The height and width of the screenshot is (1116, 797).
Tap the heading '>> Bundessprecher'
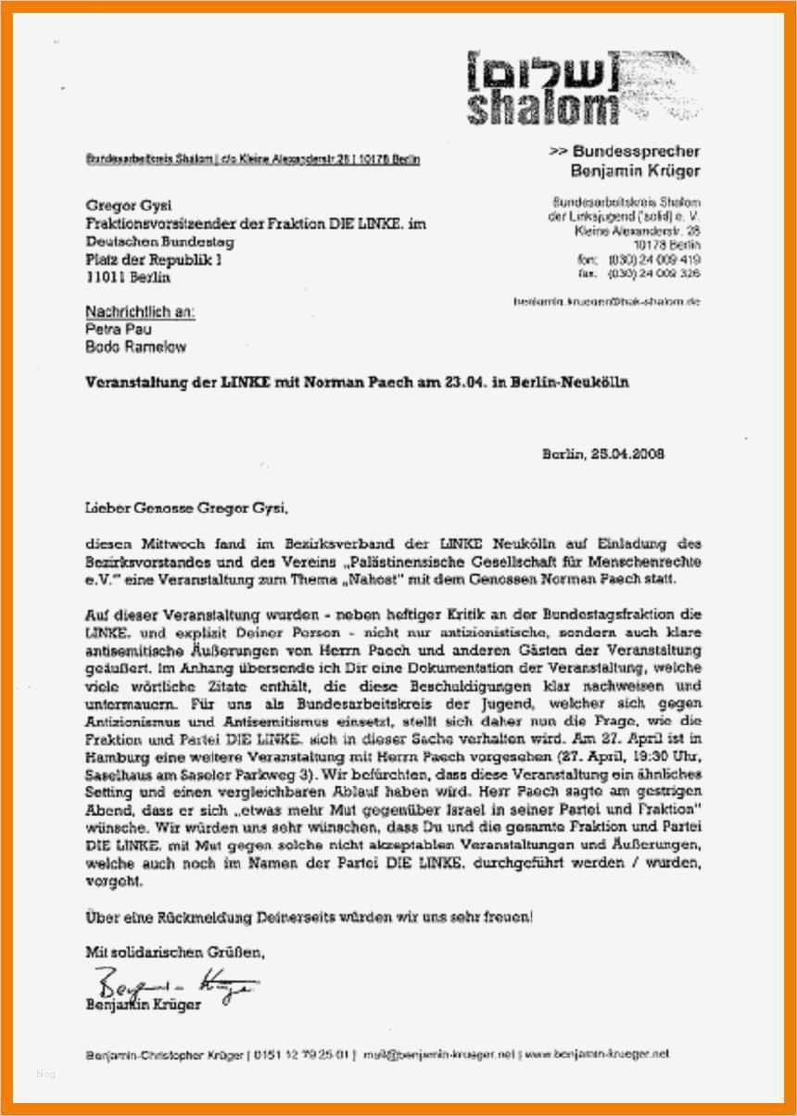[x=624, y=151]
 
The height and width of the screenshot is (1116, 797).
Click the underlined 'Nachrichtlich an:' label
[x=141, y=311]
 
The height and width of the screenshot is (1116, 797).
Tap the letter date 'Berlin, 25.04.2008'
[x=602, y=454]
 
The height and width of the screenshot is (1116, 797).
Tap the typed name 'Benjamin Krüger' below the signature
[x=142, y=1005]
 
